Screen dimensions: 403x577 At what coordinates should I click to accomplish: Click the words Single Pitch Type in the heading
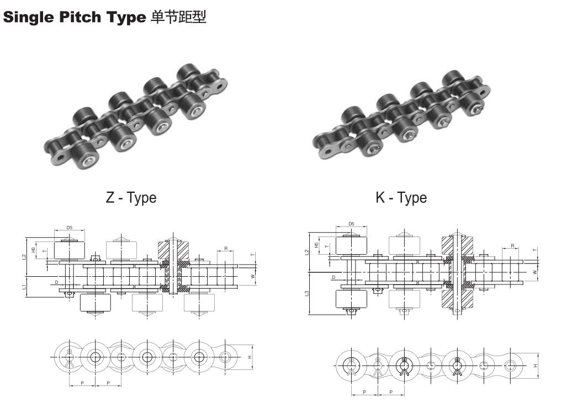[75, 17]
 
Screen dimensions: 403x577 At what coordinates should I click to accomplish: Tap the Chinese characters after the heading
[178, 17]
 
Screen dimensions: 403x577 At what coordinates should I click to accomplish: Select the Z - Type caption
[131, 198]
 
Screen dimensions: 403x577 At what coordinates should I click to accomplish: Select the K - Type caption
[401, 198]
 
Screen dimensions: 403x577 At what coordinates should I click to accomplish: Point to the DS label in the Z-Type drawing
[70, 227]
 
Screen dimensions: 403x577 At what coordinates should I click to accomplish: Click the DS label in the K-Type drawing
[351, 224]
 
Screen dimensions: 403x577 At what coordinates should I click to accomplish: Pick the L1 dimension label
[24, 287]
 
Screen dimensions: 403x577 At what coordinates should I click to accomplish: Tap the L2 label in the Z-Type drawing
[24, 257]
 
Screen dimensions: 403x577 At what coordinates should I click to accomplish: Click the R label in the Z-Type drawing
[226, 249]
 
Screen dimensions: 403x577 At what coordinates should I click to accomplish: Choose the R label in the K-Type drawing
[512, 245]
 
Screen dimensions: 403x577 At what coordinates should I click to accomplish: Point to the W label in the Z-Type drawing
[253, 276]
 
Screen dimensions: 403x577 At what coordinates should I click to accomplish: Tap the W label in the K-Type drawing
[534, 272]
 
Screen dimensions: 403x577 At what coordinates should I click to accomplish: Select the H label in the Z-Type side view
[250, 357]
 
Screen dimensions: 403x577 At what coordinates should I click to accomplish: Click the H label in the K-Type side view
[535, 366]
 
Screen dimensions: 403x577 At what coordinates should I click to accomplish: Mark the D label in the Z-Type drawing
[57, 282]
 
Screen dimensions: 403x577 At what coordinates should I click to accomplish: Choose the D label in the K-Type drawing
[334, 277]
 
